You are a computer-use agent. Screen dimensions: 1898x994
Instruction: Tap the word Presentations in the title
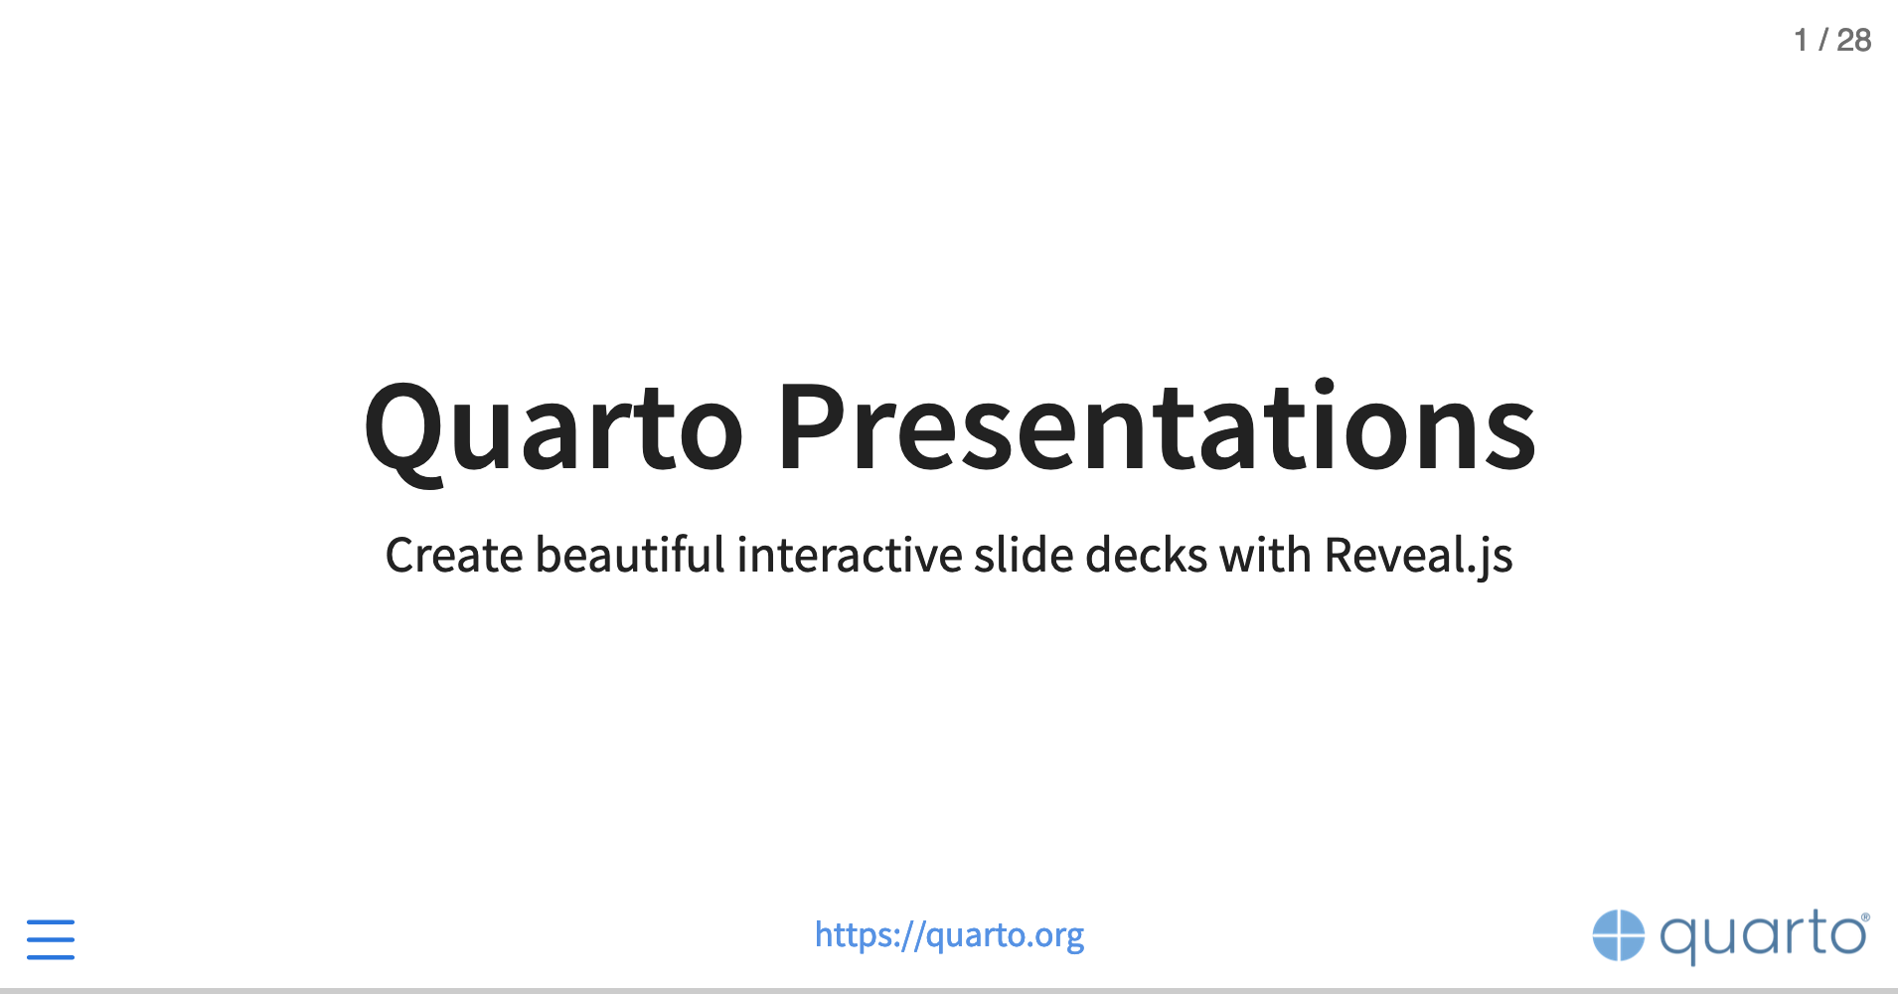point(1157,426)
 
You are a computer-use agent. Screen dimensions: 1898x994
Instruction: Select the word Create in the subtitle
point(454,555)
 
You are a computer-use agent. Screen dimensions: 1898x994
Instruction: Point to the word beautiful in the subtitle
point(630,554)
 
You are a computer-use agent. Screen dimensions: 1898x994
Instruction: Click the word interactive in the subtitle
point(850,554)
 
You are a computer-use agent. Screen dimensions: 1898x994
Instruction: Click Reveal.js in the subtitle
point(1418,557)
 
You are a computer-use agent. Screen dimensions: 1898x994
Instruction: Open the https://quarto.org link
point(949,935)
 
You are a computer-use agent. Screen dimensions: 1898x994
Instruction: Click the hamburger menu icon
point(51,939)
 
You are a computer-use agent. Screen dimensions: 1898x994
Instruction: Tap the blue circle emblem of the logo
point(1619,935)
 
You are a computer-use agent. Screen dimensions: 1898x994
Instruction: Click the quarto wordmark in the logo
point(1760,936)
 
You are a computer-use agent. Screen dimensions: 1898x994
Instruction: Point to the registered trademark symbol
point(1865,917)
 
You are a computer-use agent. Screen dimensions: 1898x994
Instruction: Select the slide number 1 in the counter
point(1801,40)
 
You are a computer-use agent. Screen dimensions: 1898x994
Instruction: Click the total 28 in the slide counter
point(1853,40)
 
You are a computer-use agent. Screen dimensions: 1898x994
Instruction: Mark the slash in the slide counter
point(1822,40)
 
